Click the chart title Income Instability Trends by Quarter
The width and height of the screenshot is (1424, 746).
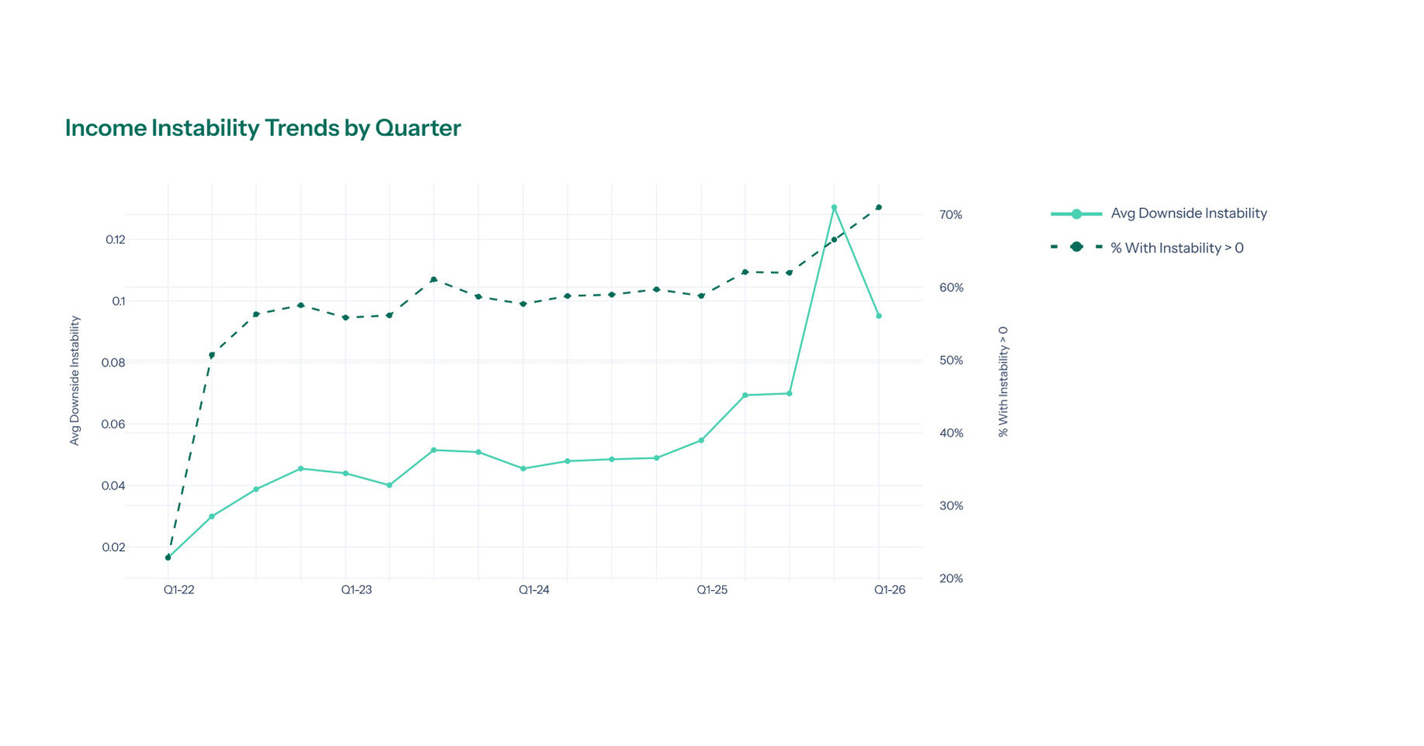262,128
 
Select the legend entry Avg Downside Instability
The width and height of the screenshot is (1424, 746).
1188,213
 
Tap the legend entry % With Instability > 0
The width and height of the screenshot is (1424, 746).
1176,248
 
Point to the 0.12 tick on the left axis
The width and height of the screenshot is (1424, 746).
115,239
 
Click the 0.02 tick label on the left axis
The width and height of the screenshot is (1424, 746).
113,547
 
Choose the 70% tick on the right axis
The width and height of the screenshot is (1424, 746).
950,215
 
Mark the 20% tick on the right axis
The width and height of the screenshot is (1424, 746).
950,578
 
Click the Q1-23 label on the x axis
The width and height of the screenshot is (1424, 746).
356,590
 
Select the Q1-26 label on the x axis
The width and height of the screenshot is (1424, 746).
890,590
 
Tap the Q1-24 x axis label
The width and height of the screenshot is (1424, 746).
534,590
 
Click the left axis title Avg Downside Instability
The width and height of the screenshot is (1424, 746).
75,380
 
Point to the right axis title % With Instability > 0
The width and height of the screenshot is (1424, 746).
1003,381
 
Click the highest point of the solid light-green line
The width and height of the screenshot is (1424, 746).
834,208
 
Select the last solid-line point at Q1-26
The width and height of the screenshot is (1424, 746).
879,316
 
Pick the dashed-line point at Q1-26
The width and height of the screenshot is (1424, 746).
879,207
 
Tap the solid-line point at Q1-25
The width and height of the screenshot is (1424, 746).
701,440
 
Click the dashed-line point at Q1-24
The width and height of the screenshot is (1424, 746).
523,304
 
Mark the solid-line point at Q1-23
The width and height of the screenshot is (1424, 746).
346,474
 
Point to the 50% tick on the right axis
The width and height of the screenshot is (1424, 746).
950,360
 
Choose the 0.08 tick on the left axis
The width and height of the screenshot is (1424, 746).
113,363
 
